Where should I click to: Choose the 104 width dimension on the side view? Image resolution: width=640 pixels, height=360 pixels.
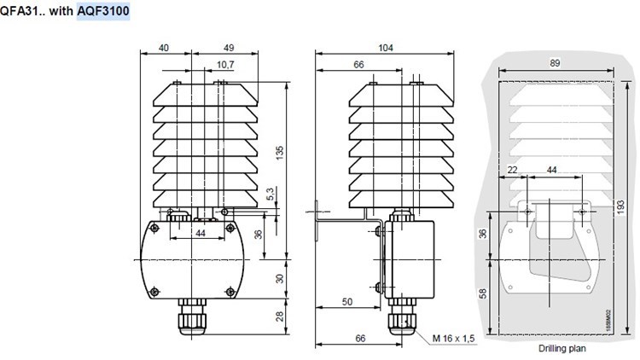click(x=386, y=49)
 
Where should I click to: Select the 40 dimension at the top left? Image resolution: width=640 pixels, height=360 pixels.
click(x=163, y=49)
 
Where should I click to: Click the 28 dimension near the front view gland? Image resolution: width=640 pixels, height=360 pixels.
click(x=278, y=316)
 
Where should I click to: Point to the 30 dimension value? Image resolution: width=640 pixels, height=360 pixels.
click(x=278, y=279)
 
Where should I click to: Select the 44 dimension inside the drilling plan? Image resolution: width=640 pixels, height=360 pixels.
click(x=552, y=171)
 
